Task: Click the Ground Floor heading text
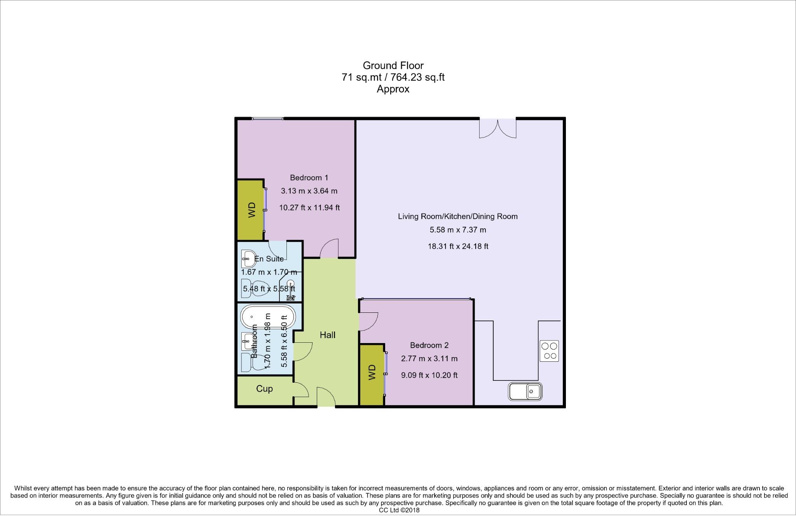point(393,65)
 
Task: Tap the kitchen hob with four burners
point(549,351)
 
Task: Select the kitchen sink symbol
point(525,391)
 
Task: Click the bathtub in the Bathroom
point(267,317)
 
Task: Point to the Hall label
point(328,335)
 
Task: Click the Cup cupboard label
point(264,389)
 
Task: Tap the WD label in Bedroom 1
point(252,210)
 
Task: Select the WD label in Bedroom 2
point(372,372)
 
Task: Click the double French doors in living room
point(497,128)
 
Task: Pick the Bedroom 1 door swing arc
point(330,249)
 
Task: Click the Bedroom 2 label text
point(429,345)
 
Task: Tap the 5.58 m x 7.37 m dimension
point(457,230)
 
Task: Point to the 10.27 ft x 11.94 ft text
point(309,207)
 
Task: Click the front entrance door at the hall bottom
point(326,397)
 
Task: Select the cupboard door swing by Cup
point(300,390)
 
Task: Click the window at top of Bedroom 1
point(267,119)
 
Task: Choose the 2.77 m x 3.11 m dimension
point(429,358)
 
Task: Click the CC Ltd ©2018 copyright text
point(399,511)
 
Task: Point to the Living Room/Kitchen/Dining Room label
point(457,216)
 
